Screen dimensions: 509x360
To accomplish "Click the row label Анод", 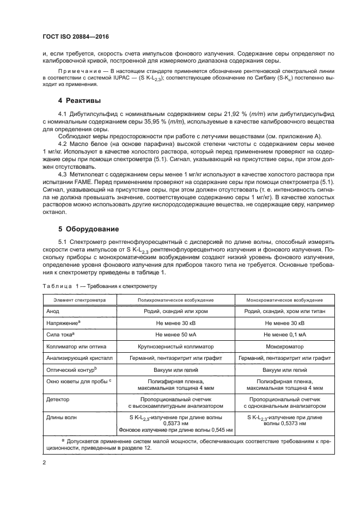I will click(x=53, y=311).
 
